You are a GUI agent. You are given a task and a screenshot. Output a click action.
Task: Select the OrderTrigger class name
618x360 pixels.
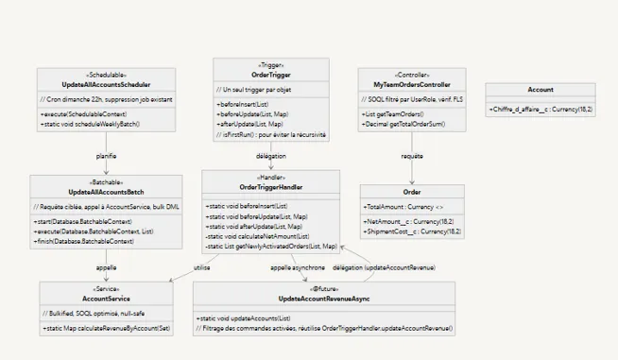(x=271, y=74)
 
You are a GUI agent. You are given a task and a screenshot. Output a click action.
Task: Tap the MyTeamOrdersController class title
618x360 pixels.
(x=411, y=83)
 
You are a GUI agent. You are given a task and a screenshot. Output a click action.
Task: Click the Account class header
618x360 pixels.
(x=541, y=90)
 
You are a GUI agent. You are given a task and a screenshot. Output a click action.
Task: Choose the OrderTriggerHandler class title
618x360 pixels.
(x=270, y=186)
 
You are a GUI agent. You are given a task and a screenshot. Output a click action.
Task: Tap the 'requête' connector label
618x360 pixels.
(x=411, y=154)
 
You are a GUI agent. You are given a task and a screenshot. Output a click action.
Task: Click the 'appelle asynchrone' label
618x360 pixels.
(x=299, y=267)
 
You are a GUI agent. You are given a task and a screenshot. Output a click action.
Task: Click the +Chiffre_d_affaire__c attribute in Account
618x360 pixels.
(x=541, y=110)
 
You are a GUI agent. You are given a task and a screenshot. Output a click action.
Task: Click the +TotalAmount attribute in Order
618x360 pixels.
(x=401, y=205)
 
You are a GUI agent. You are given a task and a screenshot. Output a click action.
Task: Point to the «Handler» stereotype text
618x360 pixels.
(x=270, y=177)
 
